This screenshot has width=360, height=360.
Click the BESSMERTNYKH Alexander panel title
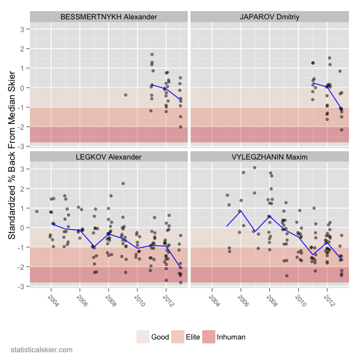coord(109,17)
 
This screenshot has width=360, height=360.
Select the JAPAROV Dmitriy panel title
coord(270,17)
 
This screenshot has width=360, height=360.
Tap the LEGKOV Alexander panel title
coord(109,157)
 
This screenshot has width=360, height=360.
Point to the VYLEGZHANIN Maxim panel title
coord(270,157)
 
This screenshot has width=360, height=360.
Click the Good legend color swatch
coord(143,336)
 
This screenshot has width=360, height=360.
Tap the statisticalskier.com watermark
coord(42,350)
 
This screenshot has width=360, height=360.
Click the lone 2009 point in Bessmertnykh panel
coord(126,95)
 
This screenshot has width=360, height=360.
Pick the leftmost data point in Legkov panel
coord(37,211)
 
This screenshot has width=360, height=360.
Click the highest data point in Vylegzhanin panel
coord(255,168)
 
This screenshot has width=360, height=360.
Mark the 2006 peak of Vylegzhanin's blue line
coord(240,210)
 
